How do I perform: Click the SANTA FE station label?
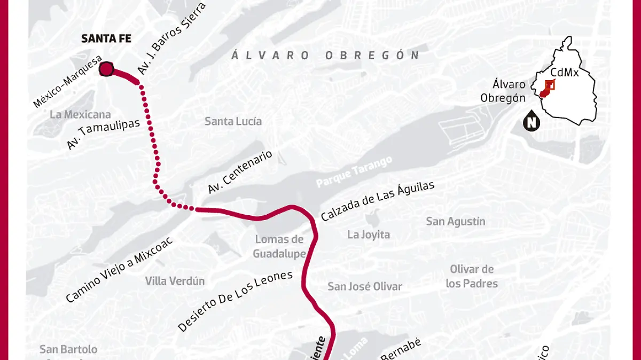(x=106, y=39)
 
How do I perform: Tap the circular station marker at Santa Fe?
(x=106, y=69)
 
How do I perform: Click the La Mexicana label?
(x=80, y=114)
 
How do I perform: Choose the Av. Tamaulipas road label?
(x=103, y=134)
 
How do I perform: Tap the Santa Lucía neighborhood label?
(x=233, y=122)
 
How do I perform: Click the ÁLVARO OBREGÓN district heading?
(x=326, y=55)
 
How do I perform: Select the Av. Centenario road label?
(x=240, y=172)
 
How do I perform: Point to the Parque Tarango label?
(x=354, y=172)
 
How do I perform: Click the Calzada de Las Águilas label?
(x=378, y=201)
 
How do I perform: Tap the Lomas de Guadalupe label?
(x=279, y=247)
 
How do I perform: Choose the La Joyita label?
(x=369, y=234)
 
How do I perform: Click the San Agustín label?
(x=456, y=221)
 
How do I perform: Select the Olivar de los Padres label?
(x=472, y=276)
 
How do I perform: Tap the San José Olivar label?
(x=364, y=286)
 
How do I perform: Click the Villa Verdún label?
(x=175, y=281)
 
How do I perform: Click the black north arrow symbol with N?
(x=531, y=122)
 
